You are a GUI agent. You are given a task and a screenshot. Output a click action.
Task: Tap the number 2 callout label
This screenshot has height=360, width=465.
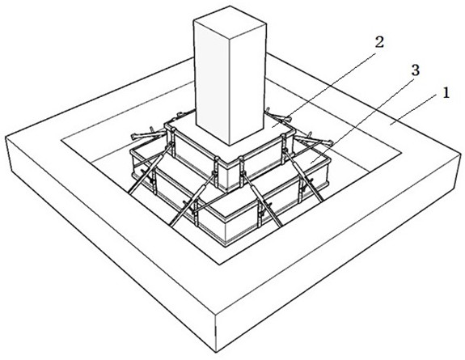pos(379,42)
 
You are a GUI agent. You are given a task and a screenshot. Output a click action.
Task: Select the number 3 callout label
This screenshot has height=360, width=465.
pos(415,70)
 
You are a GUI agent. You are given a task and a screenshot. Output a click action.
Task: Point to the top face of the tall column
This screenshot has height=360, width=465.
pos(230,19)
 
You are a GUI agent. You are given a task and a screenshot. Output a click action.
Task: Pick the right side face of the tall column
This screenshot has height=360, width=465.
pos(247,83)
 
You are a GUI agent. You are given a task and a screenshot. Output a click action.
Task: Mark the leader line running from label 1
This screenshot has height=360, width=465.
pos(415,108)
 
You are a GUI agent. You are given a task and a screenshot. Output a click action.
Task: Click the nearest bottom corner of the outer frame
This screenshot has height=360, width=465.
pos(216,353)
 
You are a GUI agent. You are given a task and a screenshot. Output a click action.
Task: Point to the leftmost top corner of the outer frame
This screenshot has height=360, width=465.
pos(6,137)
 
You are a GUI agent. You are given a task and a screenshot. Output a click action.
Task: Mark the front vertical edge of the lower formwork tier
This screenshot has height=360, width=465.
pos(226,230)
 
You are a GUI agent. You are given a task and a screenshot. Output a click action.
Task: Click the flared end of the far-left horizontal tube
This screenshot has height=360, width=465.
pos(134,137)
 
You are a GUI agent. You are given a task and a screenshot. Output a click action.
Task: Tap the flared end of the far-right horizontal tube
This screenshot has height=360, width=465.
pos(329,142)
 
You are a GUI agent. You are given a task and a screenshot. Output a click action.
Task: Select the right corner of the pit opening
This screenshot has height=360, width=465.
pos(402,153)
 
